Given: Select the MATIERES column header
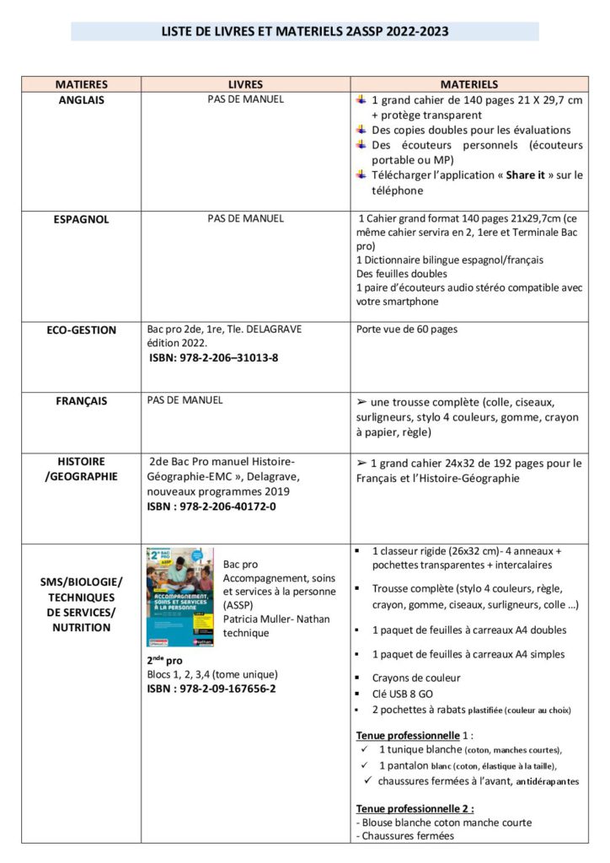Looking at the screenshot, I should click(81, 84).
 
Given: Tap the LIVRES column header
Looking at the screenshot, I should click(245, 84).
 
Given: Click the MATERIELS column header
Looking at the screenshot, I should click(469, 84).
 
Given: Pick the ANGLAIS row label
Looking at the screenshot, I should click(81, 99).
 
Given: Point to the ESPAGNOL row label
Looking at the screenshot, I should click(81, 219).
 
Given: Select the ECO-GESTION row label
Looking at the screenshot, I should click(81, 330).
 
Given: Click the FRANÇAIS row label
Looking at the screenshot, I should click(81, 401).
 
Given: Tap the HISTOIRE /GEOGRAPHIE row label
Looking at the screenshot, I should click(81, 469).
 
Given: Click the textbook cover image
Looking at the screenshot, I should click(179, 598).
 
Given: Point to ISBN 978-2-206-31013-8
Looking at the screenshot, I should click(214, 357).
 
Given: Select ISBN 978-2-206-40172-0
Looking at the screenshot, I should click(211, 507).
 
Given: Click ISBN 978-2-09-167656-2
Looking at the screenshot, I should click(211, 689).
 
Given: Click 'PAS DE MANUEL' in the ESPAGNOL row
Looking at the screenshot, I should click(245, 218).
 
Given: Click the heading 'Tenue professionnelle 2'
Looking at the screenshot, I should click(415, 807).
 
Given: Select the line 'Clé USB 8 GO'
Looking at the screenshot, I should click(404, 694).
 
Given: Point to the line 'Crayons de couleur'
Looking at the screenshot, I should click(416, 678).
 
